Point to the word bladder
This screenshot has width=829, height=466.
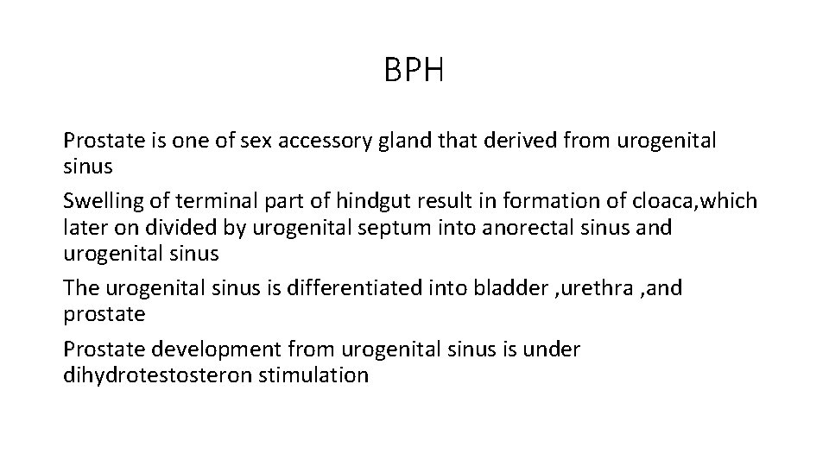(x=501, y=288)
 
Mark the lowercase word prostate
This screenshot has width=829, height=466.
(x=104, y=313)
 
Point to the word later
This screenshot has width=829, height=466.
(x=83, y=227)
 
